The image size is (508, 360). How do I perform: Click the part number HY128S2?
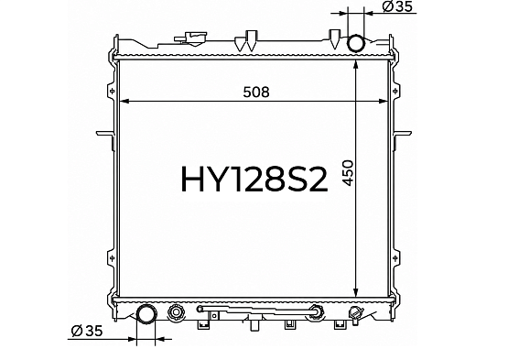coord(254,179)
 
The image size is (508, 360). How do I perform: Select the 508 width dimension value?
coord(256,93)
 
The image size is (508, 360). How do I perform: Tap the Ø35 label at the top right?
coord(397,6)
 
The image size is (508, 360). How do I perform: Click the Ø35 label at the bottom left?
coord(87,331)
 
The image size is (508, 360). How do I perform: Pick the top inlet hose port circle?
coord(356,43)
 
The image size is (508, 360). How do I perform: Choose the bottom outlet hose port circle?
coord(146,313)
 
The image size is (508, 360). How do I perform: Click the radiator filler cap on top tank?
coord(191,38)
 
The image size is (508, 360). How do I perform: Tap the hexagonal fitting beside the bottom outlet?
coord(177,312)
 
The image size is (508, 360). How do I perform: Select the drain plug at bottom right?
coord(354,314)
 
